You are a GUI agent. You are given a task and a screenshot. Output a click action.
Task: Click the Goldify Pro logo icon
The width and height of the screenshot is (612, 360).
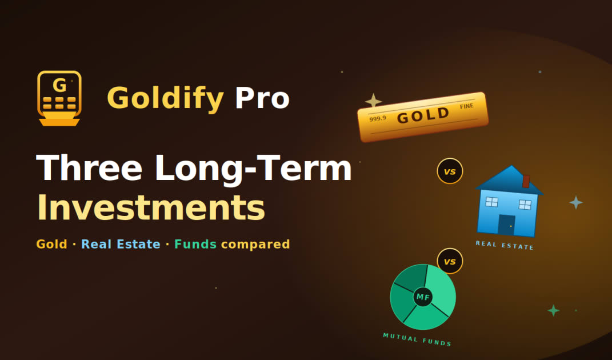59,98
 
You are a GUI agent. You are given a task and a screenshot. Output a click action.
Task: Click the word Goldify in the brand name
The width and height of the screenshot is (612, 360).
165,98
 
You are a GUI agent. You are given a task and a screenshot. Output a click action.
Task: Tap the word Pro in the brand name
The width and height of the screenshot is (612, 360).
262,98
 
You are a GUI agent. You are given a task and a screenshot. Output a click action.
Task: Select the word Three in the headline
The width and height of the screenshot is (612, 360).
89,168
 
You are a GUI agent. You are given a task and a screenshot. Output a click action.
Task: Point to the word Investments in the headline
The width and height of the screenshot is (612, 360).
151,207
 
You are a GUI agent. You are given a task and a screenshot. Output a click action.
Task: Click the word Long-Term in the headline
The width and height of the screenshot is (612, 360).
253,169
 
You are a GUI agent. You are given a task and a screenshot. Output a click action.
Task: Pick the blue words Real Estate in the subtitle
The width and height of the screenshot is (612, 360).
121,244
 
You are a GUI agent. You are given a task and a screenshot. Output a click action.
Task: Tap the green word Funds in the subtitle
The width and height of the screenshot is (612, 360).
195,244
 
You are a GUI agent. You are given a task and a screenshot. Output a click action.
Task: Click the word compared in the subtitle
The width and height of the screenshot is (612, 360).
255,245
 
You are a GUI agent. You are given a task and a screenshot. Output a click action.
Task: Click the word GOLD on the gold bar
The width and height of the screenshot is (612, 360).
423,115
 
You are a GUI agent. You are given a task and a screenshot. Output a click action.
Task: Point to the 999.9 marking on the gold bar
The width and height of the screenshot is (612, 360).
377,118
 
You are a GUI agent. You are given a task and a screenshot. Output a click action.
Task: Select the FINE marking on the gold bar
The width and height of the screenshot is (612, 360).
467,106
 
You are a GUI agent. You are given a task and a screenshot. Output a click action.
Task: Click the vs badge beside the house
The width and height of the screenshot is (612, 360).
450,171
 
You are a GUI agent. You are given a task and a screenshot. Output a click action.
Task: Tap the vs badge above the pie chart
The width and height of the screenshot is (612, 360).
450,261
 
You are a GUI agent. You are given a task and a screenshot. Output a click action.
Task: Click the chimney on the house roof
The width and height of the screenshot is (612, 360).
526,181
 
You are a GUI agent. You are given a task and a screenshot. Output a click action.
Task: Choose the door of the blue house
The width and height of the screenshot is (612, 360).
506,225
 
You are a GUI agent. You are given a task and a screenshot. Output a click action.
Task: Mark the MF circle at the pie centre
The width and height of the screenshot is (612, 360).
423,297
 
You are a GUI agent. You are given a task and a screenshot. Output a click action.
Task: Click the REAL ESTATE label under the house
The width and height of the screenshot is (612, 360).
504,245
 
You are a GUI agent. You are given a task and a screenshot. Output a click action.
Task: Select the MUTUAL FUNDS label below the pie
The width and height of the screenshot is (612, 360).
417,339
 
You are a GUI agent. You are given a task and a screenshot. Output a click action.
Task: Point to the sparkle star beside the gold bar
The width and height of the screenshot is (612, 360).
373,101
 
